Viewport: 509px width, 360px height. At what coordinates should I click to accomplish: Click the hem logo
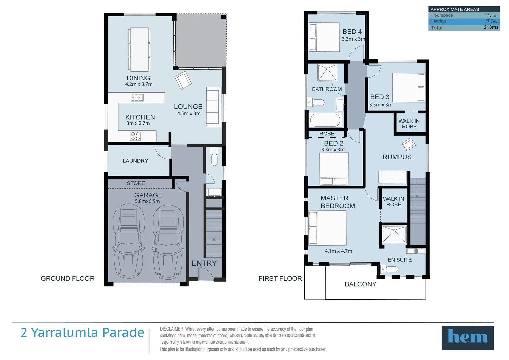tap(467, 337)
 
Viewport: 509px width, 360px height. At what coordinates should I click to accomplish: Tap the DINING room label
tap(138, 78)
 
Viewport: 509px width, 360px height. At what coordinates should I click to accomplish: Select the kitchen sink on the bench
tap(137, 98)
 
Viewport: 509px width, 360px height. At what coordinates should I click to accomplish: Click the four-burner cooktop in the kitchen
tap(135, 136)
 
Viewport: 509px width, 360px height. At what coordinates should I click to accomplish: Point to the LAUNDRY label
tap(135, 161)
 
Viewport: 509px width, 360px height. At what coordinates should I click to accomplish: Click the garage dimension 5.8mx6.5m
tap(147, 201)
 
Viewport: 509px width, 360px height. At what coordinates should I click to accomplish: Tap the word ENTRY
tap(204, 263)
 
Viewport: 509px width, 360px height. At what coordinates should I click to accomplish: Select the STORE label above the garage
tap(136, 183)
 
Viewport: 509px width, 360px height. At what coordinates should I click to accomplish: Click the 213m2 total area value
tap(491, 27)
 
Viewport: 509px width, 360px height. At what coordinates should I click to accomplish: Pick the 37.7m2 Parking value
tap(491, 21)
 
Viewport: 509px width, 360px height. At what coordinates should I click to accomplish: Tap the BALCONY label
tap(361, 284)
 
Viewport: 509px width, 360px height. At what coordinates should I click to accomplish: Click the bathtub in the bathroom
tap(325, 120)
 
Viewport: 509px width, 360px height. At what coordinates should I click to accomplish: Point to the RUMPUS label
tap(397, 157)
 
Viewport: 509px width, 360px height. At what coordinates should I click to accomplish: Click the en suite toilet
tap(389, 269)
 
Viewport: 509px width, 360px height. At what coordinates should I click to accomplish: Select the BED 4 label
tap(352, 31)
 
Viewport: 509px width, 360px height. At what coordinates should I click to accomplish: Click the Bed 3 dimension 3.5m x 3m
tap(381, 105)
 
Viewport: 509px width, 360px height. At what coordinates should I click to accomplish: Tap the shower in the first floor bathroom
tap(327, 73)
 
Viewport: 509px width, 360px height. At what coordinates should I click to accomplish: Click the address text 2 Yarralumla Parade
tap(82, 333)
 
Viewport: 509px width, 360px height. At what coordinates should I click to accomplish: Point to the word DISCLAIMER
tap(172, 329)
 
